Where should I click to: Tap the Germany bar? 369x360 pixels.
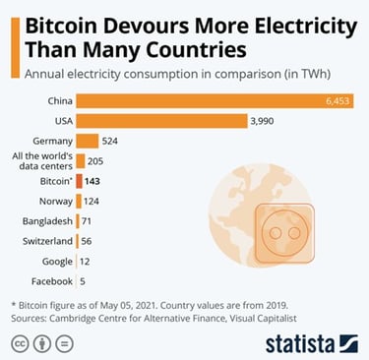click(88, 140)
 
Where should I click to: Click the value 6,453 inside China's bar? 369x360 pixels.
click(337, 100)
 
